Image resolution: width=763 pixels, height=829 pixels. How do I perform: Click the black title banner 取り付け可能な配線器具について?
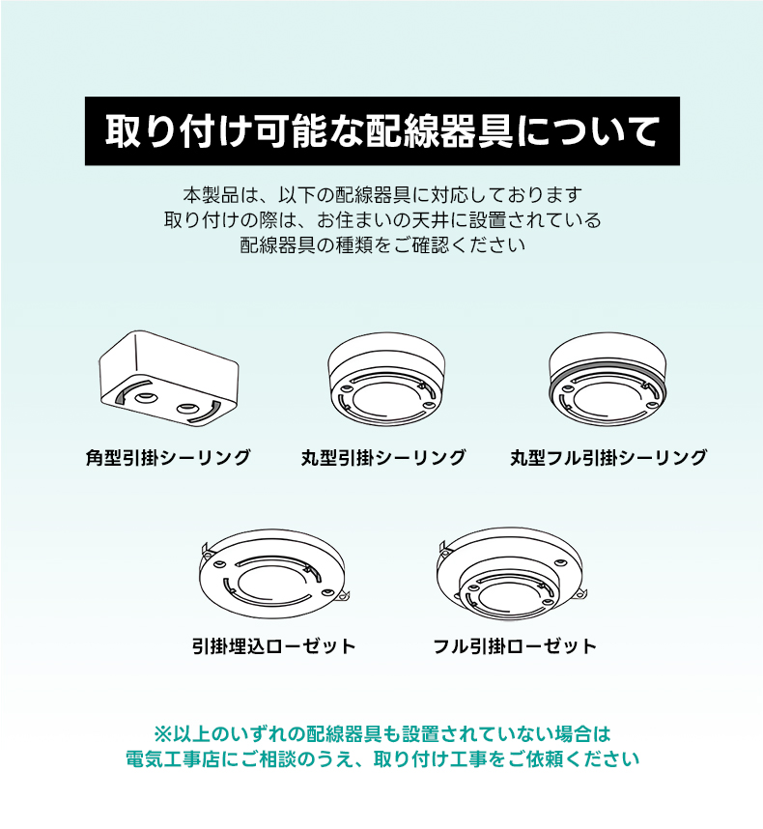(x=382, y=130)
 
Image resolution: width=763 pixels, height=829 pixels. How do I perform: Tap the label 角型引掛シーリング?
(x=168, y=457)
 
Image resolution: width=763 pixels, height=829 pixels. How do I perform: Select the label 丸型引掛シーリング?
(x=383, y=457)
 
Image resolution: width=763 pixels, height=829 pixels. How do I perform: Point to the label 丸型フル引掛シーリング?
(x=608, y=457)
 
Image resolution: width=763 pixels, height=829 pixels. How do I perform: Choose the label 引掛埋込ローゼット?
(x=273, y=646)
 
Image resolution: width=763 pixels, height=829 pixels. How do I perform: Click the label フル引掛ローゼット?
(x=515, y=646)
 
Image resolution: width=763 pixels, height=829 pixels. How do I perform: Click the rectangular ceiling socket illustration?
(x=169, y=378)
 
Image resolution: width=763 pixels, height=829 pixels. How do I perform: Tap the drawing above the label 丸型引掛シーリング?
(x=385, y=379)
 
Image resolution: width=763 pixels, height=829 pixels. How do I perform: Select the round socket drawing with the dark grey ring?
(x=608, y=379)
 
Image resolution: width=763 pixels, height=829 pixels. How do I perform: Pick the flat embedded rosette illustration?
(x=273, y=574)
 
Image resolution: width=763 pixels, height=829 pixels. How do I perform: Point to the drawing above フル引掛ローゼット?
(x=513, y=574)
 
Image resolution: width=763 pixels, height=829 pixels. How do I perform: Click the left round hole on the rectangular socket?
(x=145, y=397)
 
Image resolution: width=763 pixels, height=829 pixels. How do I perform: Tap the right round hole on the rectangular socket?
(x=187, y=408)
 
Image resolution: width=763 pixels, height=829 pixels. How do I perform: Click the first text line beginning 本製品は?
(x=382, y=195)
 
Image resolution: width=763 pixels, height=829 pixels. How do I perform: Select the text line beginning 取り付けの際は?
(x=382, y=220)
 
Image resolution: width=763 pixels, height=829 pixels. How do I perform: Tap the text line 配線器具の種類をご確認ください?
(x=382, y=244)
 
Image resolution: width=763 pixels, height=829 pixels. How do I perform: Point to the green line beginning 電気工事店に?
(x=382, y=759)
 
